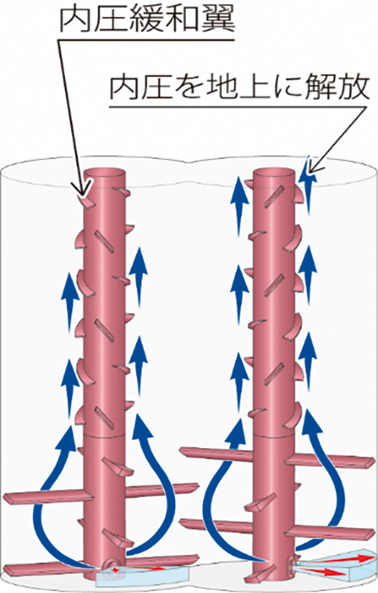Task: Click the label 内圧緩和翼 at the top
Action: pos(148,18)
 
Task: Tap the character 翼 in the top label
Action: pos(219,18)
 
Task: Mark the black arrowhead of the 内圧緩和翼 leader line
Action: pos(83,191)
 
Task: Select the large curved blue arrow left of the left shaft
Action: pos(41,503)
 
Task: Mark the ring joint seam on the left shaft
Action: pos(105,435)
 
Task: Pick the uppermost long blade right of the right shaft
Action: pos(330,459)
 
